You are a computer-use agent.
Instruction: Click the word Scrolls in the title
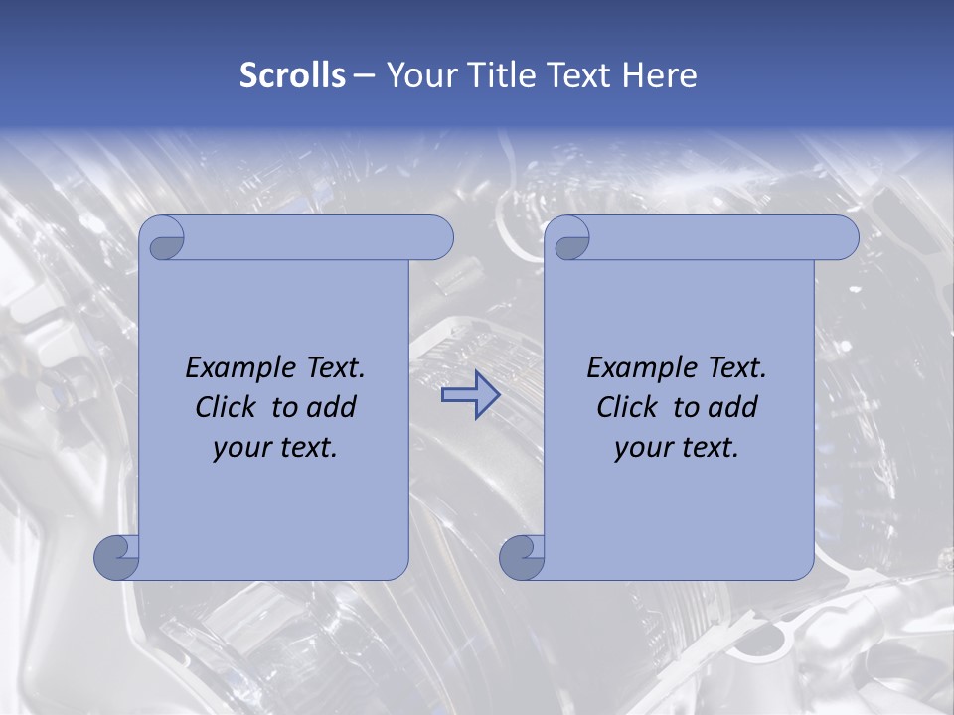point(292,75)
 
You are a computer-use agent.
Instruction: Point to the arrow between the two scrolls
point(470,394)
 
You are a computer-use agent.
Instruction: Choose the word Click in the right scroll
point(626,407)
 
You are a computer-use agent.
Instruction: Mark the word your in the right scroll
point(641,448)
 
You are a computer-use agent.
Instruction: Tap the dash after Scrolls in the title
point(364,75)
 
